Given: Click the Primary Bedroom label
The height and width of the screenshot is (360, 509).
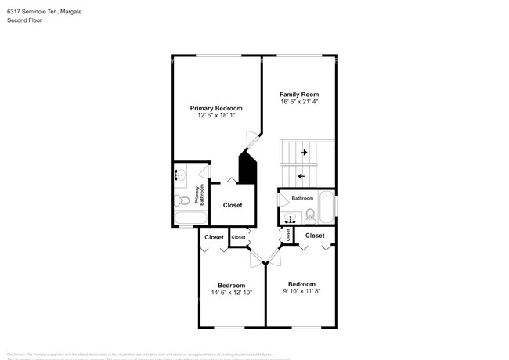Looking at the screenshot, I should coord(216,108).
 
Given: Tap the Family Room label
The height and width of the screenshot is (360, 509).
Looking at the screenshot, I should coord(299,94).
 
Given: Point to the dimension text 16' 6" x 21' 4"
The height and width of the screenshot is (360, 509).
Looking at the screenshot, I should coord(299,102).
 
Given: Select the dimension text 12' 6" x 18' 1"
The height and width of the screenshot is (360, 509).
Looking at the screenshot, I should coord(216,116).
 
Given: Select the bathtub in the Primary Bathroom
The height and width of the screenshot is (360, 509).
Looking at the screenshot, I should coord(190,218).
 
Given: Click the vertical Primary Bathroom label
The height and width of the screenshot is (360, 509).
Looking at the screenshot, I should coord(200,194).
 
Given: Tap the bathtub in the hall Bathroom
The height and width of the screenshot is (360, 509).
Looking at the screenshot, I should coord(327,206).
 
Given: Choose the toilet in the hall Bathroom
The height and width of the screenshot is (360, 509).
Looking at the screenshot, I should coord(309,216).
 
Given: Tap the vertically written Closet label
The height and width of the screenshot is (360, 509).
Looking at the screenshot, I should coord(288,233).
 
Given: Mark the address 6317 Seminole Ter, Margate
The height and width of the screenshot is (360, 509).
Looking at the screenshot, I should coord(44,12).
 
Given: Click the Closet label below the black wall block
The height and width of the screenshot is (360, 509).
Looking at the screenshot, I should coord(233,205).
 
